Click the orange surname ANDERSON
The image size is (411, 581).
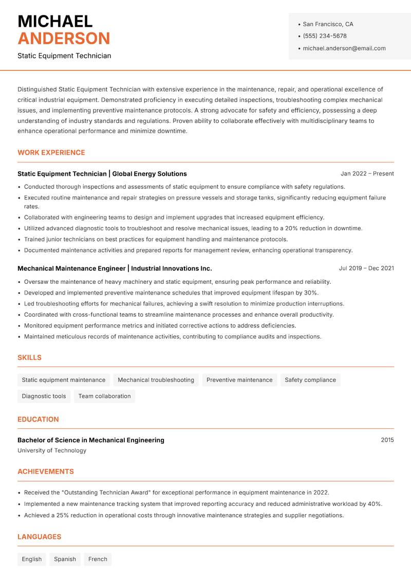[x=64, y=39]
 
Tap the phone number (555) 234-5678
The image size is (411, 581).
[x=324, y=36]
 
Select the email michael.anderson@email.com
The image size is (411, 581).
[x=344, y=48]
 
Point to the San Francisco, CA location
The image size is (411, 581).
[x=328, y=24]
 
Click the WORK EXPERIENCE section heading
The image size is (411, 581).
[x=51, y=153]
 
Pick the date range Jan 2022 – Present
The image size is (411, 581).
[x=367, y=174]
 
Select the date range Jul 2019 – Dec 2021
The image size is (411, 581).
[x=366, y=268]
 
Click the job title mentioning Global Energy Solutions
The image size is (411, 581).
[x=102, y=174]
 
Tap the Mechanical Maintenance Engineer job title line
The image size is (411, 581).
[x=115, y=268]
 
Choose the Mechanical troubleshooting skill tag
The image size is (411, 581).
[x=156, y=380]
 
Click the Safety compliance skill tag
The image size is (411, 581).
[x=310, y=380]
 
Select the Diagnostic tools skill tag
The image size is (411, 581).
[x=44, y=396]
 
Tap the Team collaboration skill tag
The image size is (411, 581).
[x=104, y=396]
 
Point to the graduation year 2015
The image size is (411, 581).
[x=387, y=440]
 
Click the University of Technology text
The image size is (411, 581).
[x=52, y=450]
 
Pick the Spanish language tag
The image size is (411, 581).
[x=65, y=559]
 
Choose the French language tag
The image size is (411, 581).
[x=98, y=559]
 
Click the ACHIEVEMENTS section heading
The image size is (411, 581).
[x=46, y=471]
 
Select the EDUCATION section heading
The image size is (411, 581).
[x=38, y=420]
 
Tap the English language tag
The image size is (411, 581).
[x=32, y=559]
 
